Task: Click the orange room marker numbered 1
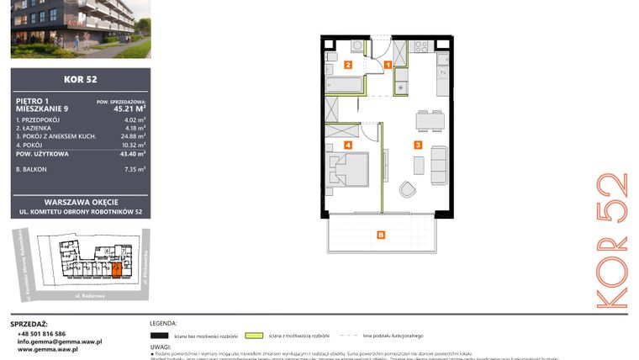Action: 388,64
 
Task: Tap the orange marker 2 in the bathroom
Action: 348,64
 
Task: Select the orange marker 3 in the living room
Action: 417,145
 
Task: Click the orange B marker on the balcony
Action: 381,234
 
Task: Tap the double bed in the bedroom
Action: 347,171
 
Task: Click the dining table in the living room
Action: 431,120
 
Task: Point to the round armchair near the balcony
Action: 408,189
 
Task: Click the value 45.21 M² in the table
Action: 130,108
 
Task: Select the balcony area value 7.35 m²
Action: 135,169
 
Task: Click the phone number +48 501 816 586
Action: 42,334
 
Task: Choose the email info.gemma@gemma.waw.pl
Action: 60,341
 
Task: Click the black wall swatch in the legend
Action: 162,335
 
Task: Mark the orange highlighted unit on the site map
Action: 116,269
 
